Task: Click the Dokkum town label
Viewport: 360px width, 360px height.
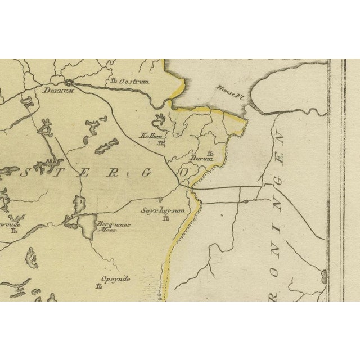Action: [54, 90]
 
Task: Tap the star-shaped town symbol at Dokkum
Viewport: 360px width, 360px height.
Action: [69, 82]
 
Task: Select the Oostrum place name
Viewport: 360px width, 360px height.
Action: [134, 82]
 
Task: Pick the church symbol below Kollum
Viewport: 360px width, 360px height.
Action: [162, 143]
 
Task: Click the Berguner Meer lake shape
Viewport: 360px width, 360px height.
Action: [87, 228]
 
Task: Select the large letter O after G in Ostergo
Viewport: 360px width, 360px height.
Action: [182, 173]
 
